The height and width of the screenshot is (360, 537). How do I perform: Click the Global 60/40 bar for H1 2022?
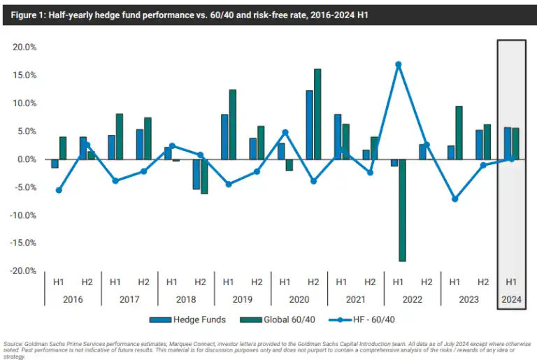(x=402, y=210)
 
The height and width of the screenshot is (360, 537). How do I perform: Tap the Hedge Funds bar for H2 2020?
(x=309, y=125)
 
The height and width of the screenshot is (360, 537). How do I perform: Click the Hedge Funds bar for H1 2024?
(x=507, y=143)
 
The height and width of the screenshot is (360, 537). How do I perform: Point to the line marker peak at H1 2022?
(x=398, y=64)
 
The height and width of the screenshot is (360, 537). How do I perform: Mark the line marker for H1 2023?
(x=454, y=199)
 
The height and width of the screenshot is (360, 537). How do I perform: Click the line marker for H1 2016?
(x=59, y=190)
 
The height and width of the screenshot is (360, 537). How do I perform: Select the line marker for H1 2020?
(x=285, y=132)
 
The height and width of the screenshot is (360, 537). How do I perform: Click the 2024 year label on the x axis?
(x=511, y=299)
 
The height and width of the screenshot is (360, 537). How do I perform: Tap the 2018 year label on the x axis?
(x=186, y=299)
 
